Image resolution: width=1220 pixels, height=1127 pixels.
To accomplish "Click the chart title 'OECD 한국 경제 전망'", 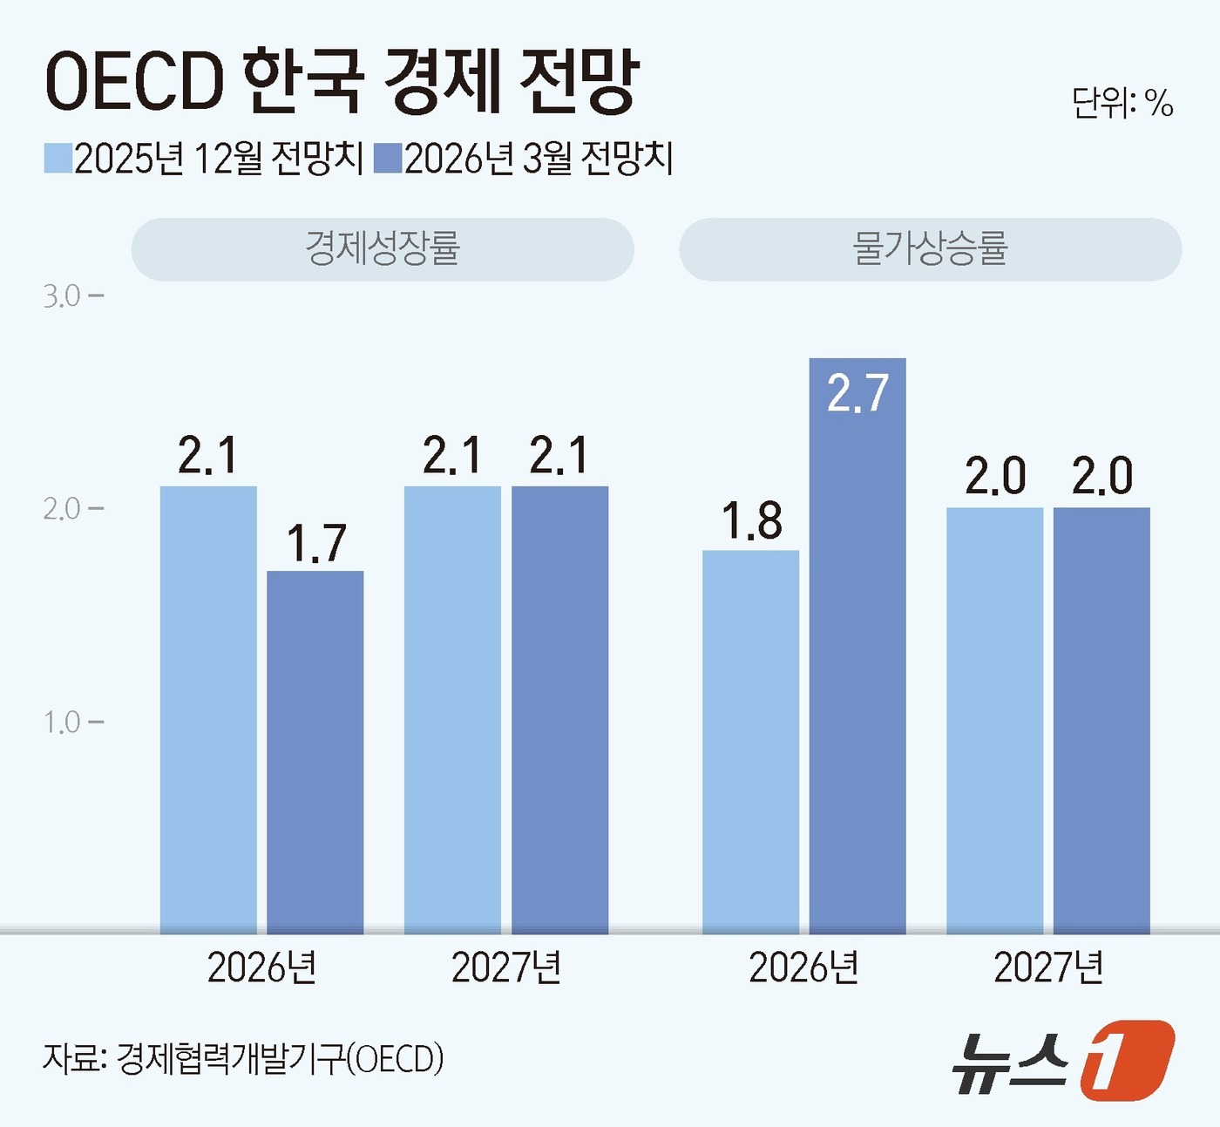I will (342, 82).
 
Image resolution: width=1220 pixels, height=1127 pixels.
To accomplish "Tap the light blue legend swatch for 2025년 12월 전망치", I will (58, 159).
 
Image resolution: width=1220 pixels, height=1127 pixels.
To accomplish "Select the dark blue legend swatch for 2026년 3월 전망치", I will (387, 159).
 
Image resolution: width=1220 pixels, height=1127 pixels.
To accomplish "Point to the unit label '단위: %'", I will (1122, 104).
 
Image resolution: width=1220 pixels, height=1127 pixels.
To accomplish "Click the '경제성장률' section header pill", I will (383, 249).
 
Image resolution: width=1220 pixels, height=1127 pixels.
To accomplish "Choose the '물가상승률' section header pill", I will (930, 249).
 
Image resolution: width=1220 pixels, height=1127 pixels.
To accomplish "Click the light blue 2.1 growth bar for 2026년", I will (208, 710).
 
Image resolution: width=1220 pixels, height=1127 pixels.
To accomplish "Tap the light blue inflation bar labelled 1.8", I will (750, 741).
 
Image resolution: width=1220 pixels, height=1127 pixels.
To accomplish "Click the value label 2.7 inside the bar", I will (857, 394).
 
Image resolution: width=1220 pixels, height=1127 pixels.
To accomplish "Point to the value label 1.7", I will (315, 544).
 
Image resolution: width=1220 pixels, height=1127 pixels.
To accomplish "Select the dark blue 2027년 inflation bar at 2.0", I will (1101, 720).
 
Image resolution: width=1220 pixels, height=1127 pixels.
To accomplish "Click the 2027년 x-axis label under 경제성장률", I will (506, 967).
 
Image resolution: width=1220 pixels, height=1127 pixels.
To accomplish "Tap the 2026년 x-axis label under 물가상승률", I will (803, 967).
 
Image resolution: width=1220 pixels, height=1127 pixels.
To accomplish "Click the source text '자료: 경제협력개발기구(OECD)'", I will (243, 1059).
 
